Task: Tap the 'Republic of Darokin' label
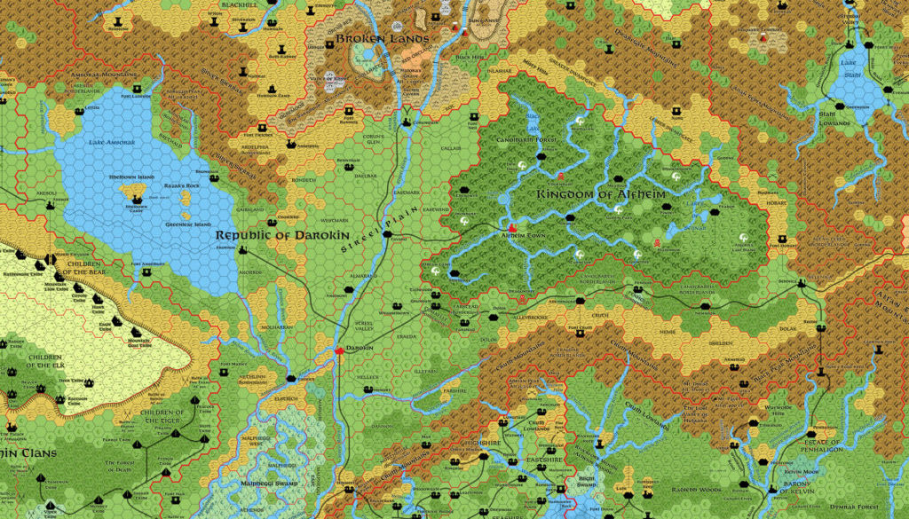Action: [273, 235]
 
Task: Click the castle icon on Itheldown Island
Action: [136, 199]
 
